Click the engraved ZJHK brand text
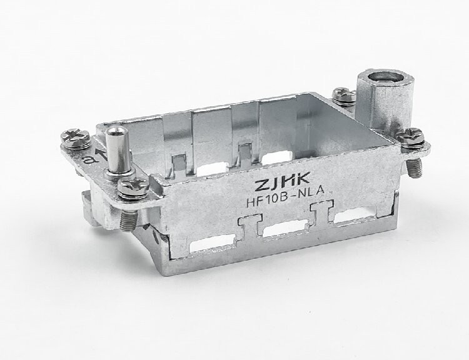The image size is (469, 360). point(282,181)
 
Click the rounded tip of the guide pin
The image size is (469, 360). point(117,131)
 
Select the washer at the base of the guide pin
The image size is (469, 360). point(119,174)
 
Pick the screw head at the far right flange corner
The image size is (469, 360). point(410,137)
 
